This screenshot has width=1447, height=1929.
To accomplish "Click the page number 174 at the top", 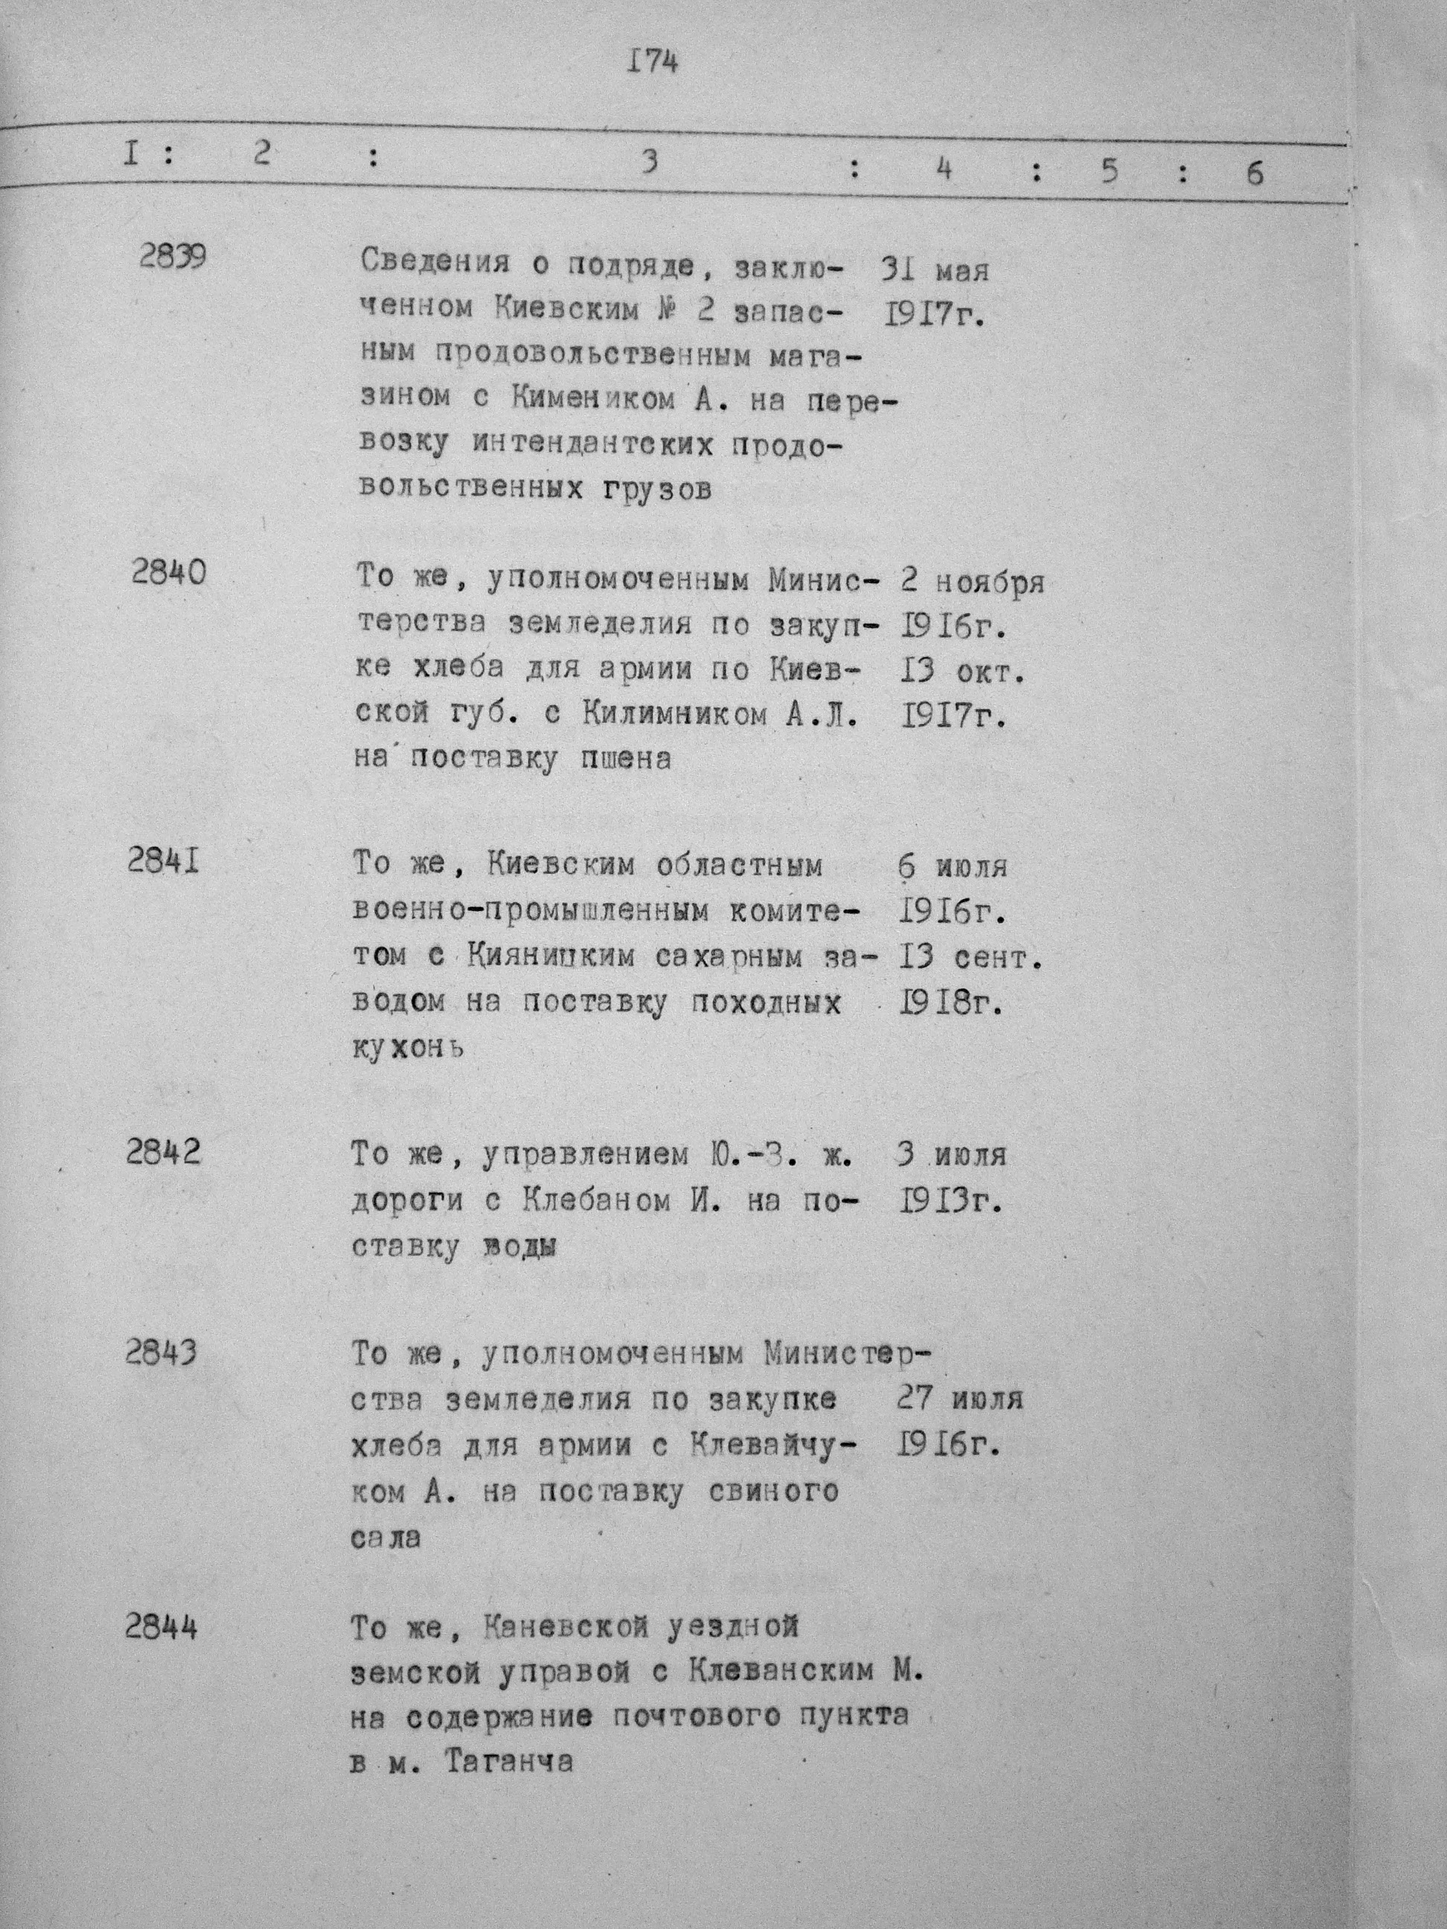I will click(651, 62).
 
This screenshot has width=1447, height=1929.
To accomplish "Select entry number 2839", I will click(173, 257).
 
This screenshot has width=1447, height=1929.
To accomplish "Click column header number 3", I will click(648, 162).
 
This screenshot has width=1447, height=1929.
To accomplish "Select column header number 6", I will click(1254, 173).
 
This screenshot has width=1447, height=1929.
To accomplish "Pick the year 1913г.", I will click(949, 1202).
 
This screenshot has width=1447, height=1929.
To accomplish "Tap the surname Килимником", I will click(663, 715).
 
